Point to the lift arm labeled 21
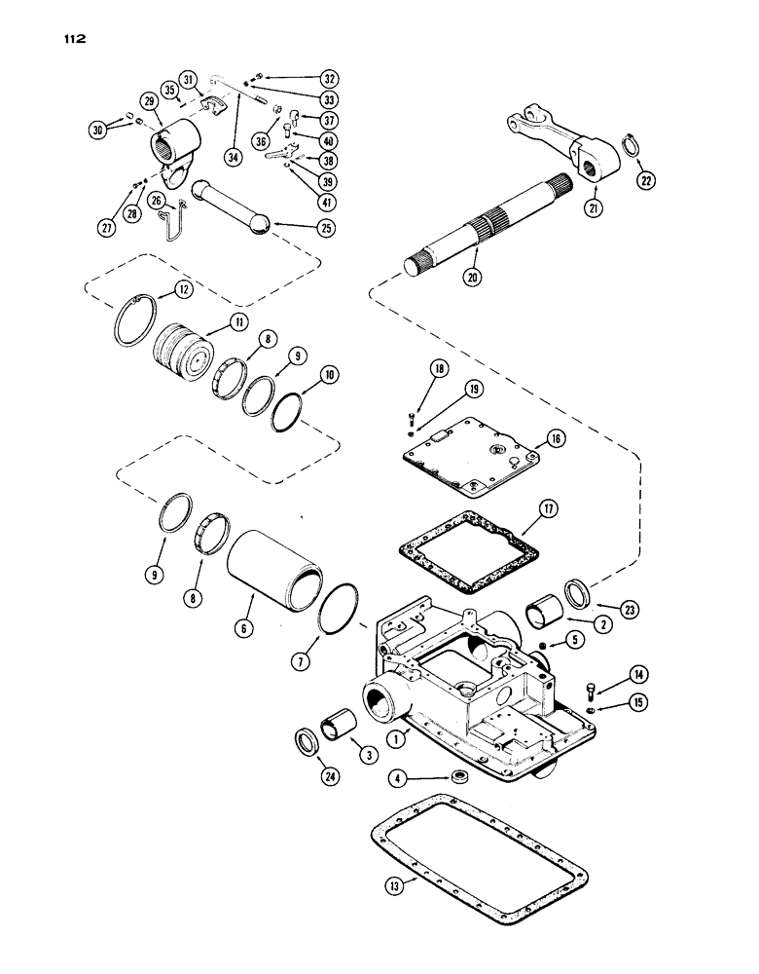(555, 137)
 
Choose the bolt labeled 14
(592, 692)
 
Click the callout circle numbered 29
(150, 101)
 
